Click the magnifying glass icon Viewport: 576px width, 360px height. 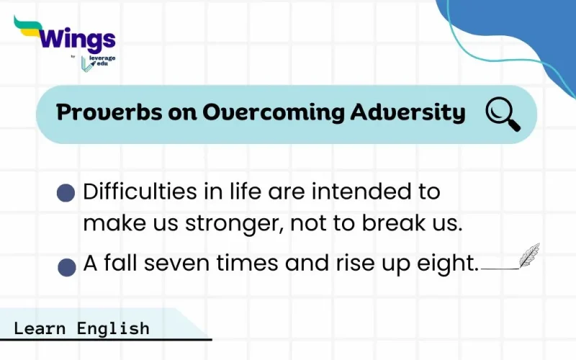tap(503, 114)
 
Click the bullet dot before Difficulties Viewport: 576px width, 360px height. tap(66, 192)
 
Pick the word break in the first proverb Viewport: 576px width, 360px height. tap(387, 223)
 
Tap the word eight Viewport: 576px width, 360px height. tap(451, 265)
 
